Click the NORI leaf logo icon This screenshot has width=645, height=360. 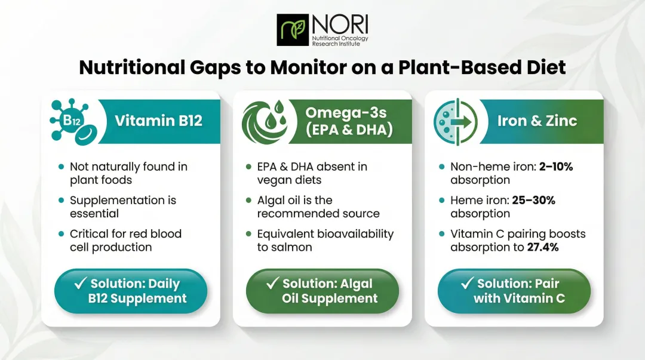click(292, 30)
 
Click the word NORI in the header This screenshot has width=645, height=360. click(339, 24)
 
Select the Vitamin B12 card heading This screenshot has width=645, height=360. click(158, 121)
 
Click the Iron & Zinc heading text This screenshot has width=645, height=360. click(537, 121)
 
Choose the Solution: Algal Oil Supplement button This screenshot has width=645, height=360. click(322, 291)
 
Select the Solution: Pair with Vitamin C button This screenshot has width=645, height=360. click(514, 291)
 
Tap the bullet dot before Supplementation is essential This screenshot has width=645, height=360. click(60, 201)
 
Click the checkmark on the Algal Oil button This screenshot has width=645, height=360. click(273, 283)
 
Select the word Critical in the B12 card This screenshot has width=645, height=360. click(88, 234)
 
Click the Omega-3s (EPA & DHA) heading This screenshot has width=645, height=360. click(349, 121)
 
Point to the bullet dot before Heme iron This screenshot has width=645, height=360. click(441, 201)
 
